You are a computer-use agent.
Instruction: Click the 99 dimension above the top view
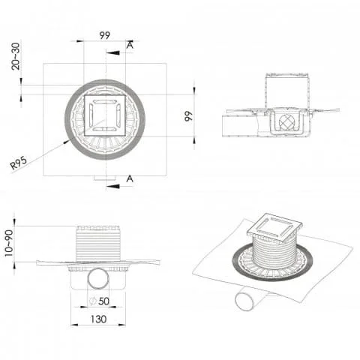[x=104, y=34]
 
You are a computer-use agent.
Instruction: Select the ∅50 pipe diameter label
[x=99, y=302]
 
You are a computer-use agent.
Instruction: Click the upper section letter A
[x=130, y=46]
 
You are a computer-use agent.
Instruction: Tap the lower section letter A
[x=130, y=178]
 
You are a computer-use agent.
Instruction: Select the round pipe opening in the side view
[x=99, y=279]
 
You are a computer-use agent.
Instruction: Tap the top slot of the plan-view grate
[x=104, y=100]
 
